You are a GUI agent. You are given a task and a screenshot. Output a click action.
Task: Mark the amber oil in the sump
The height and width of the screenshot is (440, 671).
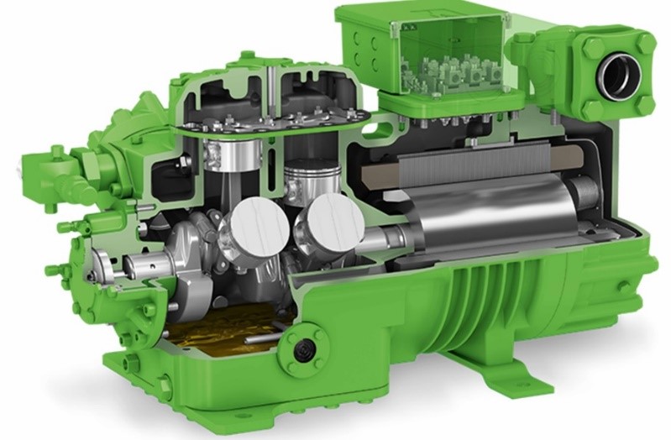pyautogui.click(x=218, y=333)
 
